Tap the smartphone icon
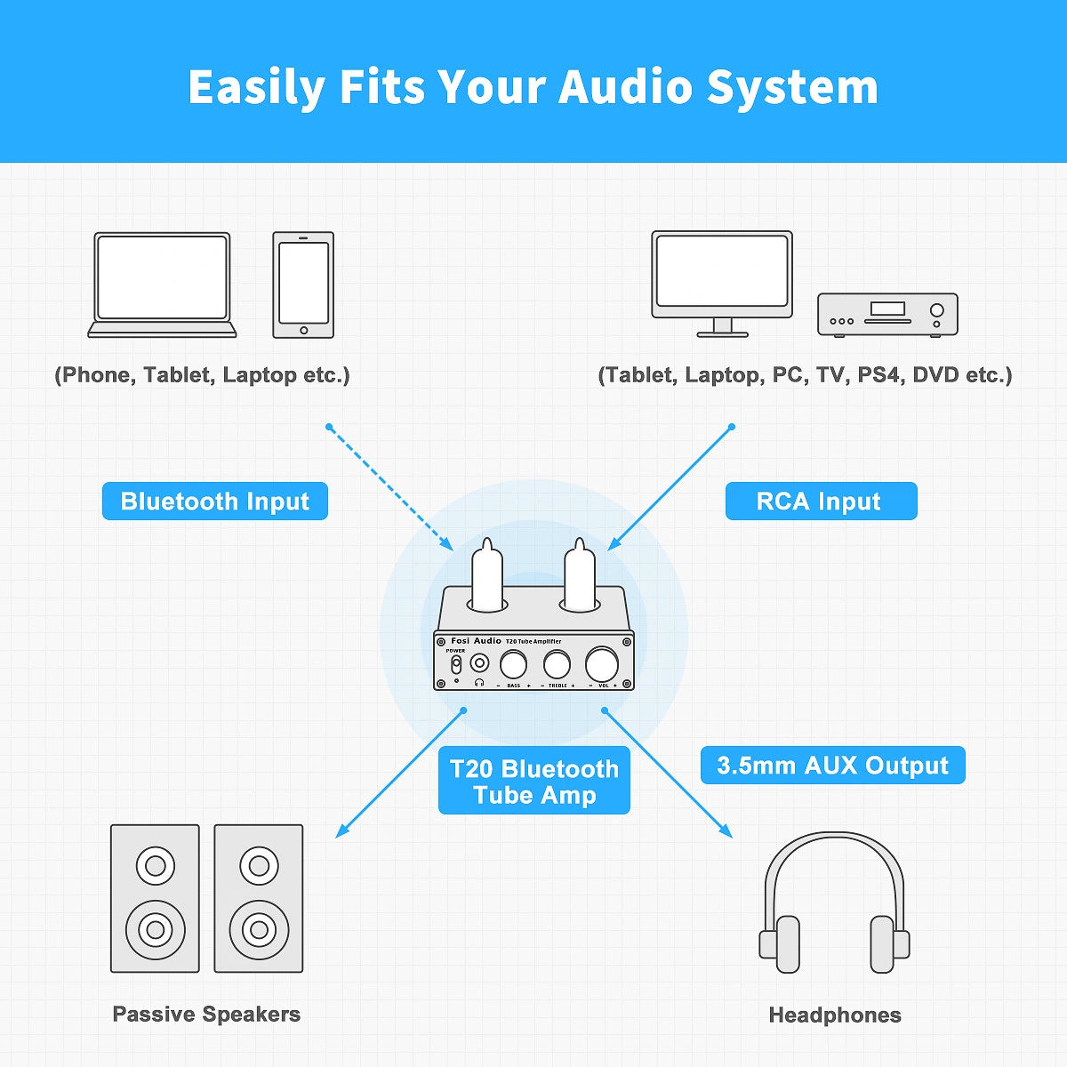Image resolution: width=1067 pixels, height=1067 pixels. [x=303, y=285]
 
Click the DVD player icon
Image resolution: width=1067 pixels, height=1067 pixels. [x=887, y=314]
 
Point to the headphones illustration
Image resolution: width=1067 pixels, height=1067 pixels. [x=834, y=903]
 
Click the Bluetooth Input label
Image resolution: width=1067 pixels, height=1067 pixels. [x=215, y=501]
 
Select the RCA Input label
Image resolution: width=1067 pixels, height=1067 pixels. [x=820, y=501]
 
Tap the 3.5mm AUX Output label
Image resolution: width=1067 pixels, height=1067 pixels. [x=832, y=766]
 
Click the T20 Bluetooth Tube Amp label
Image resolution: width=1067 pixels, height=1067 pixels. [x=533, y=782]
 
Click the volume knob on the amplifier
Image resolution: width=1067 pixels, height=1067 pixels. [x=602, y=664]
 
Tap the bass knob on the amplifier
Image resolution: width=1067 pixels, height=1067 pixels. [x=513, y=664]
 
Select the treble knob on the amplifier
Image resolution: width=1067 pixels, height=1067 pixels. [x=557, y=664]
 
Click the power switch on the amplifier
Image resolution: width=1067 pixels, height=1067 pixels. [x=456, y=664]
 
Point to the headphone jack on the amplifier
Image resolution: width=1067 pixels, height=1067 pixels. [x=480, y=663]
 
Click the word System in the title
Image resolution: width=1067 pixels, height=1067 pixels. [x=792, y=87]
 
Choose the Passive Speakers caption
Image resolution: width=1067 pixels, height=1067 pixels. [x=206, y=1014]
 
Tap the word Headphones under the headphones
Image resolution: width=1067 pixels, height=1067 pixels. [x=834, y=1015]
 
